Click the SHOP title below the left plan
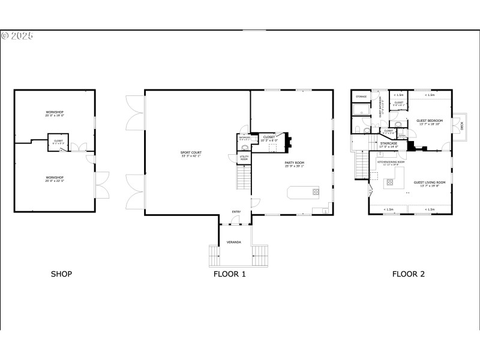[61, 274]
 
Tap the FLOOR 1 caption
[230, 274]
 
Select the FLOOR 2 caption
[409, 274]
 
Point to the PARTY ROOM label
[295, 163]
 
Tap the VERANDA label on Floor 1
[233, 242]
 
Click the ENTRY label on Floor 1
[236, 211]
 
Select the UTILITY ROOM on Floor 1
[244, 158]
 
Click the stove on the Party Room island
[316, 192]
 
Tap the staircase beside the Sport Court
[243, 177]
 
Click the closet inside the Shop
[58, 142]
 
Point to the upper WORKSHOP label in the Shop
[54, 113]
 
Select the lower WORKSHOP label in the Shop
[54, 178]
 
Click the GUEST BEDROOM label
[429, 122]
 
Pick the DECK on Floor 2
[461, 126]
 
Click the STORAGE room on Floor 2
[361, 97]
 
